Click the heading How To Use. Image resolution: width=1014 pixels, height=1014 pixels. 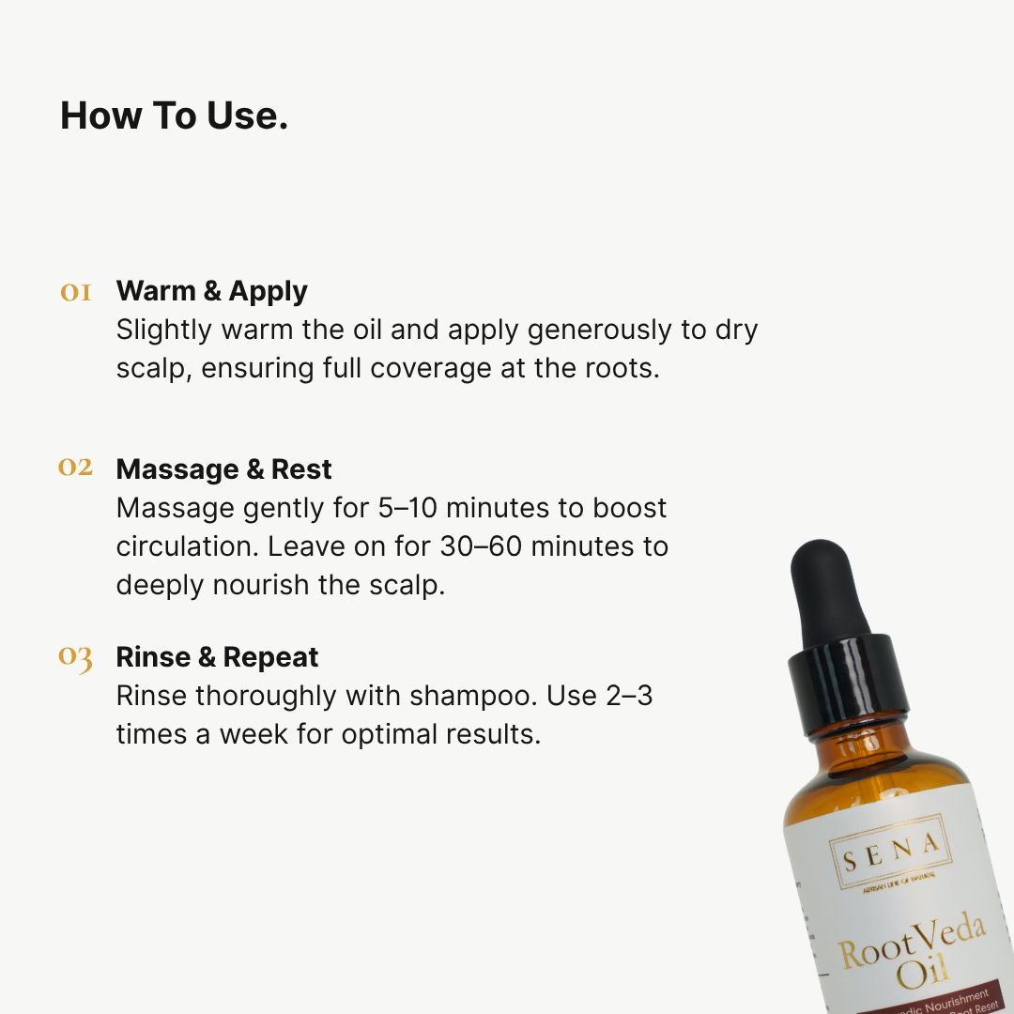click(174, 116)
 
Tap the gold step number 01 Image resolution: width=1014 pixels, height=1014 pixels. click(76, 292)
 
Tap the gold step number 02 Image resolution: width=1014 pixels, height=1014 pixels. click(76, 467)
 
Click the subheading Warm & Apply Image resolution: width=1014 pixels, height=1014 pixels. click(211, 291)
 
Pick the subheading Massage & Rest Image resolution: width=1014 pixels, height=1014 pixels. click(223, 469)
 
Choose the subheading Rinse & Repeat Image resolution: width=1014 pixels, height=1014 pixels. click(217, 657)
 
